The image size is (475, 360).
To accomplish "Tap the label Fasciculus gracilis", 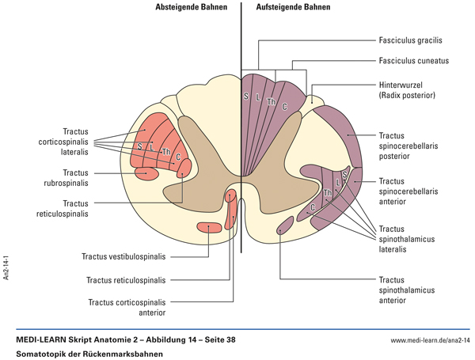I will pyautogui.click(x=410, y=40).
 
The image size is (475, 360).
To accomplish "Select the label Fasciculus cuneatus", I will pyautogui.click(x=412, y=61).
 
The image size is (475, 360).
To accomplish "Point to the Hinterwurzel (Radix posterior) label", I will pyautogui.click(x=407, y=89).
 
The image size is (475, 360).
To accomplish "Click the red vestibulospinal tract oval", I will pyautogui.click(x=209, y=228).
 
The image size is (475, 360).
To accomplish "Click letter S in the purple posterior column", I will pyautogui.click(x=247, y=97).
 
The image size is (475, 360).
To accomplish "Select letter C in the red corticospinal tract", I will pyautogui.click(x=178, y=157).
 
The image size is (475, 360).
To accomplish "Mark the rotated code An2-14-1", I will pyautogui.click(x=6, y=267).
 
